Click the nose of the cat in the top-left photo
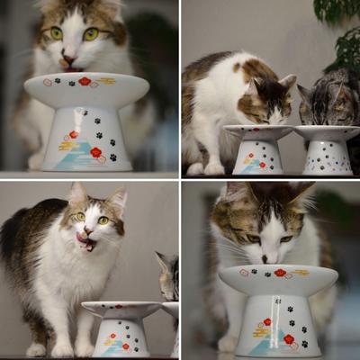click(x=69, y=58)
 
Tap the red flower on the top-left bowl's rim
click(x=84, y=81)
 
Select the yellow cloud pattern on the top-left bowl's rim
click(x=107, y=81)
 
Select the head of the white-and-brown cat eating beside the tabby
click(x=265, y=99)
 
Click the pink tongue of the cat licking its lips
click(x=85, y=240)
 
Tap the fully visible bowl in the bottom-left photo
click(x=121, y=328)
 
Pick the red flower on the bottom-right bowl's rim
click(x=280, y=272)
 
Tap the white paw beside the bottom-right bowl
click(x=227, y=343)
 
